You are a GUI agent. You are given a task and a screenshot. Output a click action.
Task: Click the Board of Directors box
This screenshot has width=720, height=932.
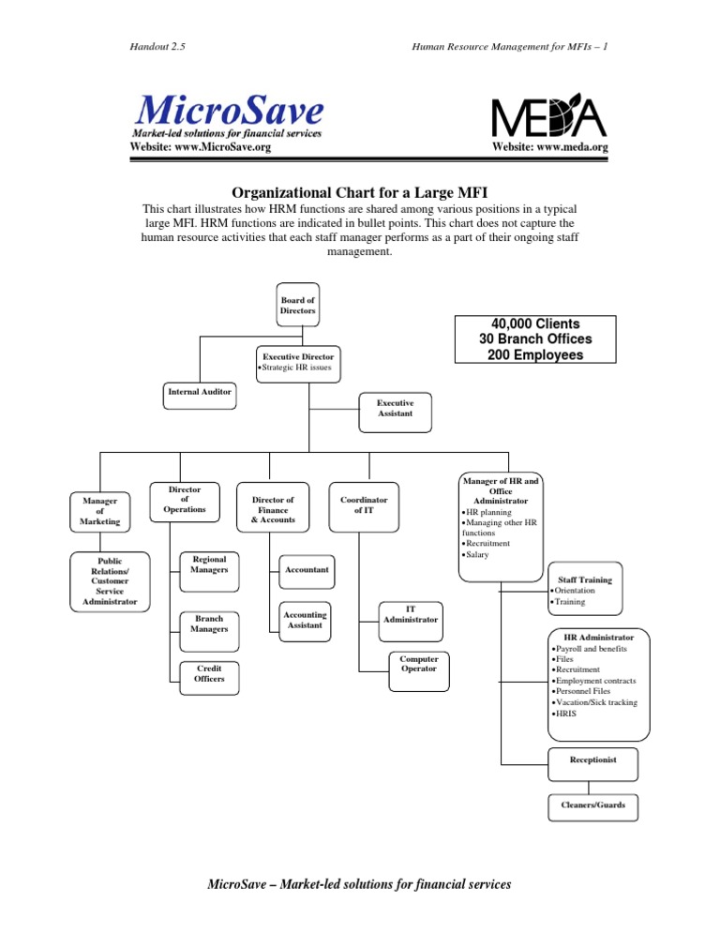[x=297, y=304]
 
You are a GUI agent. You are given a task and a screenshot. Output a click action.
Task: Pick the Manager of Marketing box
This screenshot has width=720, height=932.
[x=99, y=511]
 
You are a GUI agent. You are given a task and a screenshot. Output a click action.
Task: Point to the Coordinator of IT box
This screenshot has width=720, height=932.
[x=363, y=504]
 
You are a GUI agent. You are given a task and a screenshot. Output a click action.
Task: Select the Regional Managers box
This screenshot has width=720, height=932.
[x=208, y=564]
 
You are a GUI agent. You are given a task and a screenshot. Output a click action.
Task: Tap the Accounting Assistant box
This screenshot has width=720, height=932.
[x=304, y=620]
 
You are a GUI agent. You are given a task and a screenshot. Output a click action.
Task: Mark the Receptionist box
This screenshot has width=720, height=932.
[x=592, y=759]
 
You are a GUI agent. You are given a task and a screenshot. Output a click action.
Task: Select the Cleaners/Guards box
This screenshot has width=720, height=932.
[x=592, y=804]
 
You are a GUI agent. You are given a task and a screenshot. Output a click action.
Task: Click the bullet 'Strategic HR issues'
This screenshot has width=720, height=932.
[x=299, y=368]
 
